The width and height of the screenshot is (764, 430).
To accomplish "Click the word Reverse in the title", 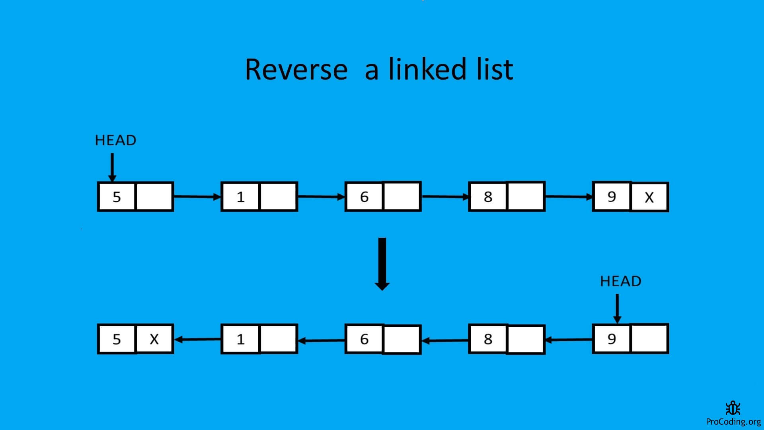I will pyautogui.click(x=296, y=70).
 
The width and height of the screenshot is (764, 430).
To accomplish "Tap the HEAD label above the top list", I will pyautogui.click(x=115, y=140).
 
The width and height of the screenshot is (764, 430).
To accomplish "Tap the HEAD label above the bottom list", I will pyautogui.click(x=620, y=281).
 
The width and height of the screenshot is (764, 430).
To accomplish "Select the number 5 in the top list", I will pyautogui.click(x=117, y=197).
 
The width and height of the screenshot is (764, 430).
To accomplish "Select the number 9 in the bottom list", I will pyautogui.click(x=612, y=339).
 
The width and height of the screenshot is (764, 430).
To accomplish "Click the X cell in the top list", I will pyautogui.click(x=649, y=197).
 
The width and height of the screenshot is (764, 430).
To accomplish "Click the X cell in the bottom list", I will pyautogui.click(x=154, y=339).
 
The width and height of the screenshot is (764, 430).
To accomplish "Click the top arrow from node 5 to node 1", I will pyautogui.click(x=197, y=196).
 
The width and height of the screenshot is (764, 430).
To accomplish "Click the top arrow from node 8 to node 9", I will pyautogui.click(x=568, y=196).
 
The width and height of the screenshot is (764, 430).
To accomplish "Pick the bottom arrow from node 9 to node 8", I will pyautogui.click(x=568, y=340).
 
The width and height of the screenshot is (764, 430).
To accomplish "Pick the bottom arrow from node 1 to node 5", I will pyautogui.click(x=197, y=339).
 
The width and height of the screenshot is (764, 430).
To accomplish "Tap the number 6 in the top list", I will pyautogui.click(x=364, y=197).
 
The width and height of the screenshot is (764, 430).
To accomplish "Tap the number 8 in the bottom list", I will pyautogui.click(x=488, y=339).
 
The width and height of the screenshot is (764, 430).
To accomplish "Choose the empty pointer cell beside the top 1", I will pyautogui.click(x=278, y=197).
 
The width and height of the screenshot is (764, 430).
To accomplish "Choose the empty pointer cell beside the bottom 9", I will pyautogui.click(x=649, y=339).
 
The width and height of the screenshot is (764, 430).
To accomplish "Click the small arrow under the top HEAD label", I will pyautogui.click(x=112, y=167).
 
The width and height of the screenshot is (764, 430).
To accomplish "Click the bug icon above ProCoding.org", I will pyautogui.click(x=733, y=408).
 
